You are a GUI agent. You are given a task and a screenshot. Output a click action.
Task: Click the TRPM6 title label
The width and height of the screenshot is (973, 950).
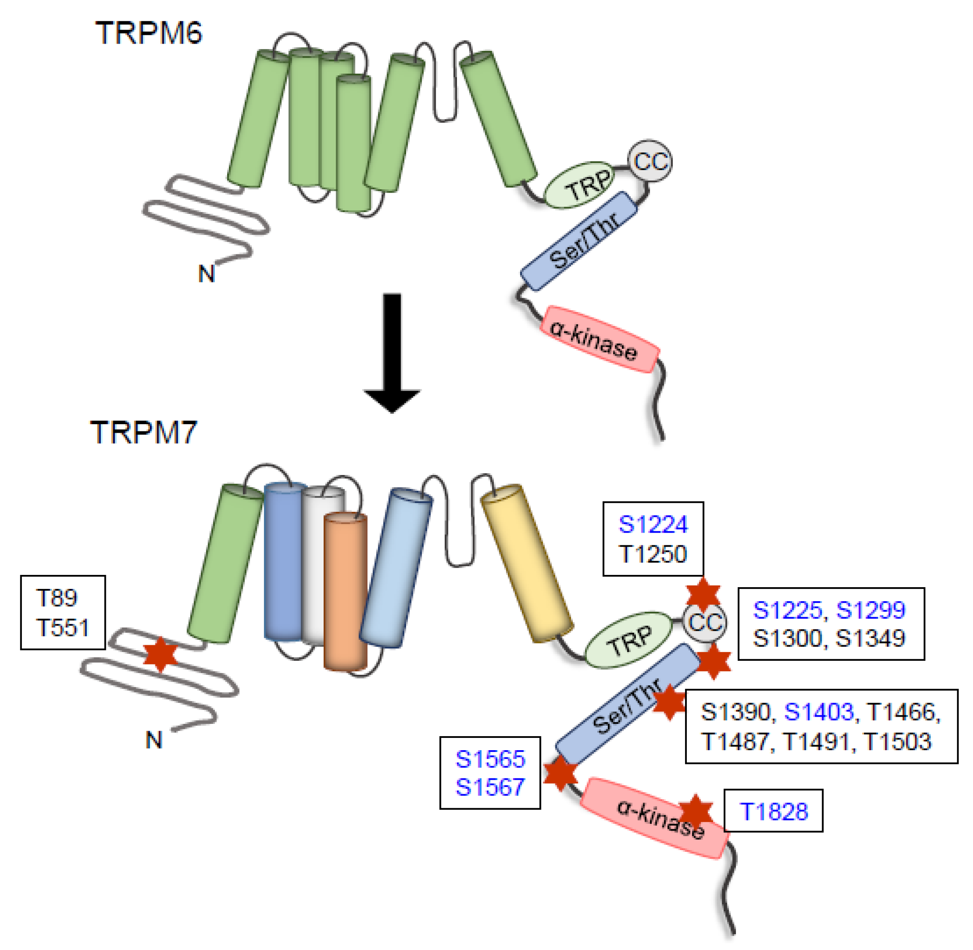[x=148, y=34]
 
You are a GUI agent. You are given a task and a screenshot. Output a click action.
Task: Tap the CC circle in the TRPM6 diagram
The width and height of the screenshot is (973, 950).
[x=650, y=161]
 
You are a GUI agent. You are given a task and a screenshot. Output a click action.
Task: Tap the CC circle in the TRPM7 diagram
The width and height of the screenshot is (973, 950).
[x=705, y=622]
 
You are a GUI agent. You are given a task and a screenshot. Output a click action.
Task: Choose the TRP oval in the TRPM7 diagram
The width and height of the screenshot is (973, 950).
[x=629, y=640]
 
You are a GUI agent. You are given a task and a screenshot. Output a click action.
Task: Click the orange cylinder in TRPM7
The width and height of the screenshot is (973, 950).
[x=345, y=591]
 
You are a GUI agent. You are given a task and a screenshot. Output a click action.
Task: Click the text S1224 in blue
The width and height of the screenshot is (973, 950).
[x=653, y=524]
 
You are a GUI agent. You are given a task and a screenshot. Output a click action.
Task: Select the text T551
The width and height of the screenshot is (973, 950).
[x=62, y=627]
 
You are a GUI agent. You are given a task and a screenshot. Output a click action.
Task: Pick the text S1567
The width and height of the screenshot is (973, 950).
[x=490, y=787]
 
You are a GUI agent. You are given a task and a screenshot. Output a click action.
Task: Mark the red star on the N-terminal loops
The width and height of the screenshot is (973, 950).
[x=160, y=654]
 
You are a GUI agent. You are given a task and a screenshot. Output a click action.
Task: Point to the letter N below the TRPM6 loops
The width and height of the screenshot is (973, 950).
[x=206, y=273]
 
